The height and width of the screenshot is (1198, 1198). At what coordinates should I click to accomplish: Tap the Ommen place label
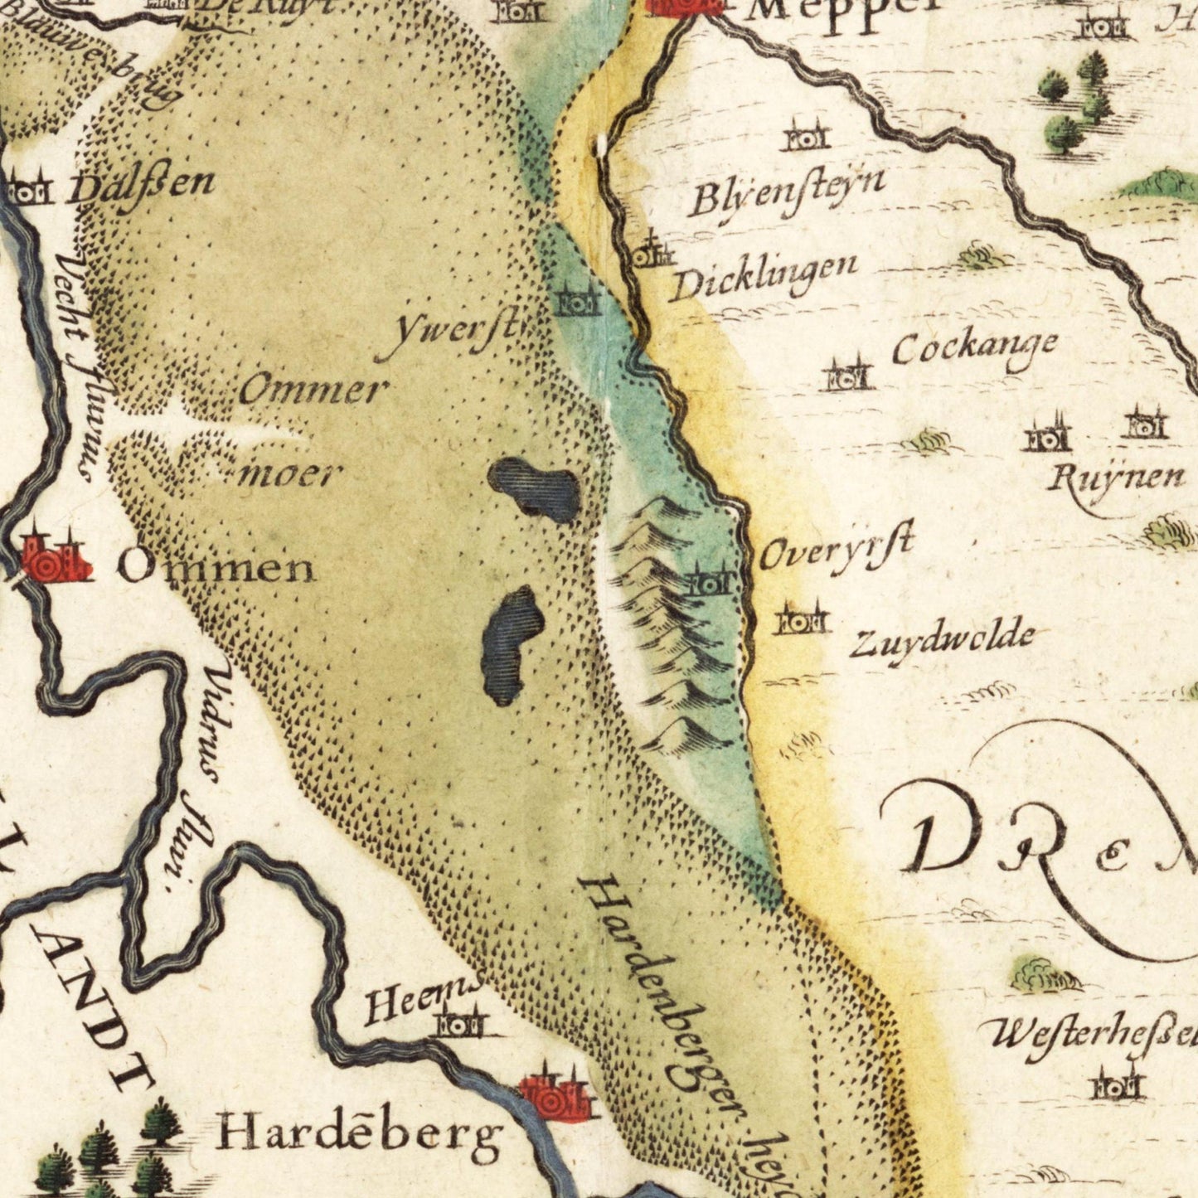coord(216,569)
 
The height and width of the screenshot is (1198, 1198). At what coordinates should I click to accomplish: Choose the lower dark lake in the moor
coord(511,645)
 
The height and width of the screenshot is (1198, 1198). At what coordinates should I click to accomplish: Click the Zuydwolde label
coord(942,640)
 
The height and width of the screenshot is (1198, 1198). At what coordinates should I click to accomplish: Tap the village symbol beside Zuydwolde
coord(802,620)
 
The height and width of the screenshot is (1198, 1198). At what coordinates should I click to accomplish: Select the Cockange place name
coord(974,348)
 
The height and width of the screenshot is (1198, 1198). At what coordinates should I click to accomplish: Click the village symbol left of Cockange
coord(847,376)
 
